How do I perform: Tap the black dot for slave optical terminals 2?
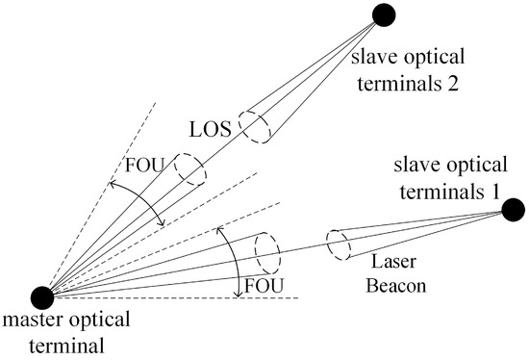[385, 15]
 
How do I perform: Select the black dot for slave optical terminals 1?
[513, 207]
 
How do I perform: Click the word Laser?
[389, 263]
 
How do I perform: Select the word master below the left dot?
[31, 322]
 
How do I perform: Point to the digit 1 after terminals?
[494, 188]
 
